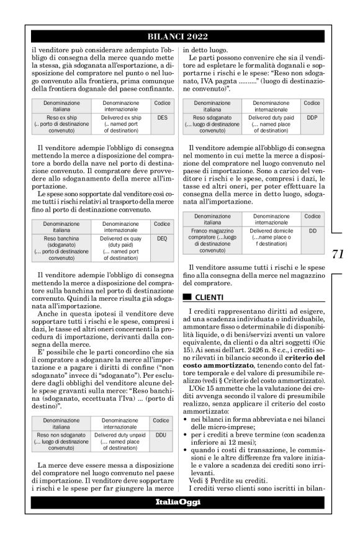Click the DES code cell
(x=162, y=117)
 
